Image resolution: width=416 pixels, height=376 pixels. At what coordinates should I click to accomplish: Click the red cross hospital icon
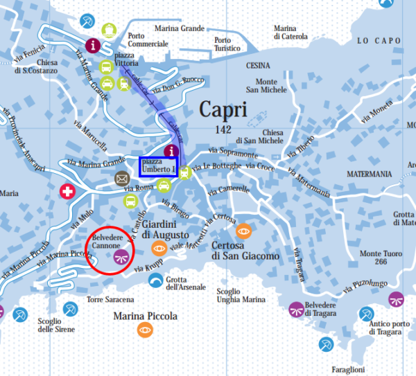67,192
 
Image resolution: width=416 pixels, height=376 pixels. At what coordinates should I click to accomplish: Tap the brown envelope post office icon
122,179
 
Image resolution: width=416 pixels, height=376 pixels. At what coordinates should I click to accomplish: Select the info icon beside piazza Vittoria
95,44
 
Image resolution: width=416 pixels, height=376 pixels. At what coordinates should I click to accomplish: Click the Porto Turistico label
227,44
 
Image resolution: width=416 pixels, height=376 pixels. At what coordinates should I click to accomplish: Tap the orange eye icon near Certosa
243,231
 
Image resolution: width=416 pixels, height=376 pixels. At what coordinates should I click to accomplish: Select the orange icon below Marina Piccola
145,330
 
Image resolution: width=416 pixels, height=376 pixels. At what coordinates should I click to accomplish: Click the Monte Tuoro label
379,258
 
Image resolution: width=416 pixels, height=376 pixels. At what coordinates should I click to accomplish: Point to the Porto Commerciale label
148,40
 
